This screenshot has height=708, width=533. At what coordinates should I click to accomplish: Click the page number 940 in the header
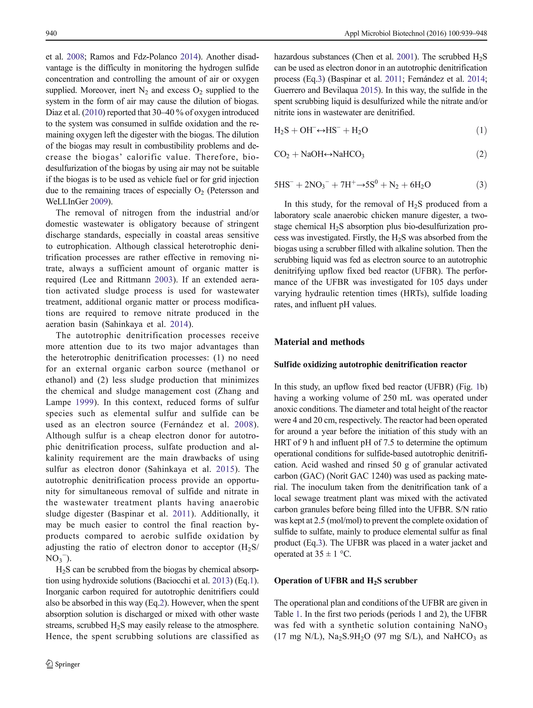[51, 33]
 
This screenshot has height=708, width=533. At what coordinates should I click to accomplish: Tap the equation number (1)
[481, 130]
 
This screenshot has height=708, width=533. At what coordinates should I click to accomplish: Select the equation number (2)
[481, 154]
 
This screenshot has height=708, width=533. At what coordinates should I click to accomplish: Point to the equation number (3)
[481, 185]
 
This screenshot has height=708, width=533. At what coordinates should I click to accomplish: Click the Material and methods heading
[319, 342]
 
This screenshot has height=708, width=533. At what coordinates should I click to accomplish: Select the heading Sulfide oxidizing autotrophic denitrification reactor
[370, 364]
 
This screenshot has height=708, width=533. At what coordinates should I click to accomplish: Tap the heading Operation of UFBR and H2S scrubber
[345, 581]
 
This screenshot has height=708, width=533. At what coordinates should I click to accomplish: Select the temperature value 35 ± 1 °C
[333, 554]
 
